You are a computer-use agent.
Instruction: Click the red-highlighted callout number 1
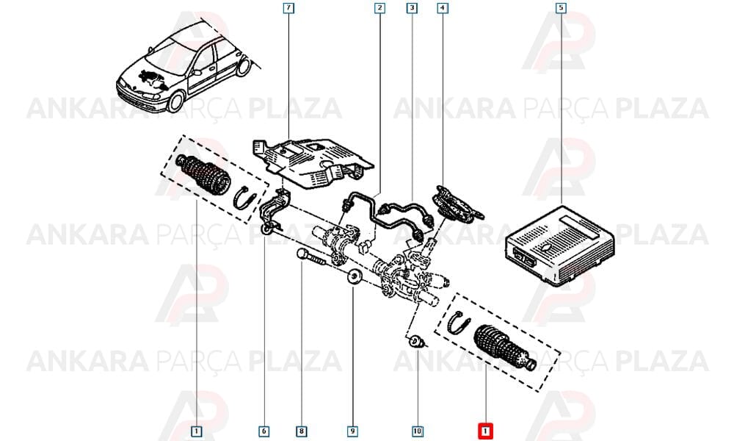coord(485,431)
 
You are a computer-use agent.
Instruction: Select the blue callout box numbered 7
coord(288,8)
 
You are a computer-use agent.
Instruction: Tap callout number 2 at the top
coord(379,8)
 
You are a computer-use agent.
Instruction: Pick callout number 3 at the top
coord(412,8)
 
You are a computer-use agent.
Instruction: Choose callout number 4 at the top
coord(443,8)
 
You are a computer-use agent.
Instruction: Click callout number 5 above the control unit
coord(561,8)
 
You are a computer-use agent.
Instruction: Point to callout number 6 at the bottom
coord(264,431)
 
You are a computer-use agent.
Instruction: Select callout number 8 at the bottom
coord(302,431)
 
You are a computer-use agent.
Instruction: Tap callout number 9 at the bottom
coord(352,431)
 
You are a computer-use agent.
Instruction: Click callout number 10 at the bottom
coord(418,431)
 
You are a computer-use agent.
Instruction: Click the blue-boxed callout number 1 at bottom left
coord(197,431)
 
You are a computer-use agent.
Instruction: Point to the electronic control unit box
coord(559,245)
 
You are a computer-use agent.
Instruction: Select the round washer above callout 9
coord(354,277)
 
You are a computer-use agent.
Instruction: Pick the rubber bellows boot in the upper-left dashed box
coord(203,173)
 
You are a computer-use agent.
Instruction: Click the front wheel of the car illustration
coord(176,101)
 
